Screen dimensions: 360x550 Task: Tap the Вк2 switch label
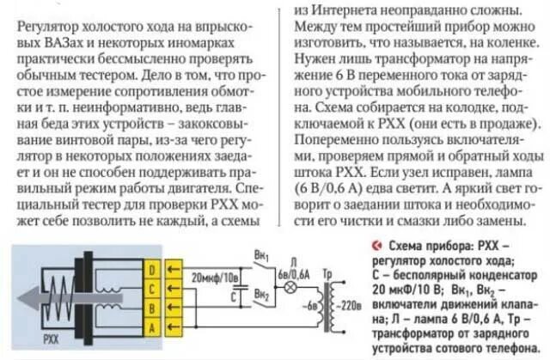coord(260,295)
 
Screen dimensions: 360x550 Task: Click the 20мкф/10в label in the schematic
coord(211,277)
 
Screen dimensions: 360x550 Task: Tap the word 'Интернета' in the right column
coord(344,10)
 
